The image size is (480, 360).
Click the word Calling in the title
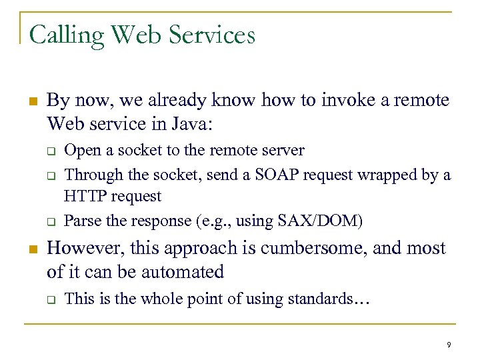coord(65,35)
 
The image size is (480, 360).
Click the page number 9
coord(449,345)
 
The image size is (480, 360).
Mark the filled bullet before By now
coord(32,102)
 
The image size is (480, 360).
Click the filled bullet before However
coord(32,249)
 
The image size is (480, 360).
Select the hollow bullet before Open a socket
coord(50,151)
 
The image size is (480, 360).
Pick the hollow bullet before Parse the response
coord(50,220)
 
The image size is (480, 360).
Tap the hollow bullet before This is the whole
coord(50,299)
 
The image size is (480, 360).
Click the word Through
coord(89,175)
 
